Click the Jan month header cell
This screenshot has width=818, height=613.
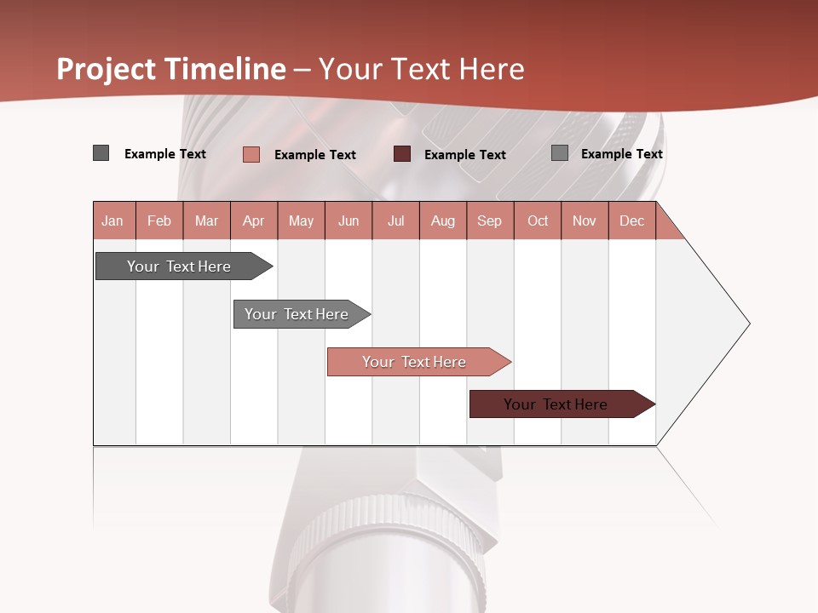[113, 221]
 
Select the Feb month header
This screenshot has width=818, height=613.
[159, 221]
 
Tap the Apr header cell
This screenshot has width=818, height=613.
[253, 221]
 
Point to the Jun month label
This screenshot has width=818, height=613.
[349, 221]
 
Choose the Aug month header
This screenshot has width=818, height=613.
[443, 221]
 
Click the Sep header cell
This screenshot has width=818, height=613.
[490, 221]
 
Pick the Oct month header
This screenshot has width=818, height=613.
[538, 221]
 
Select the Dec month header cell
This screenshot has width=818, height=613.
[632, 221]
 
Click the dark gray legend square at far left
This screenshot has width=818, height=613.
[101, 153]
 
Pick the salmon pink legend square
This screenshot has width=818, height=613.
[251, 154]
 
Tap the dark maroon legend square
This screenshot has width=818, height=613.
[402, 154]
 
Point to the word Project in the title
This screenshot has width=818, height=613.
[106, 69]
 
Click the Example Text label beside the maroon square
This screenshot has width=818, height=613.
[465, 155]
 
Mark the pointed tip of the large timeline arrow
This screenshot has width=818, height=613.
[749, 324]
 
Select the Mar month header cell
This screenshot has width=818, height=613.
[206, 221]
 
